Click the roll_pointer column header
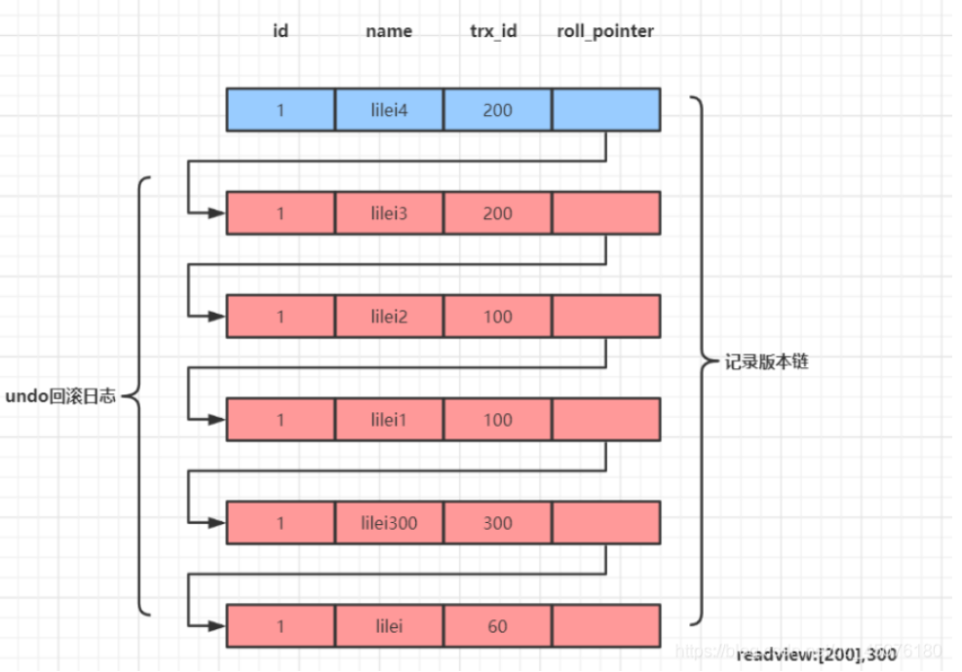coord(605,31)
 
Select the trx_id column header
coord(493,31)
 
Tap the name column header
coord(389,31)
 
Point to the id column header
coord(281,31)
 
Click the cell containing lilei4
coord(389,110)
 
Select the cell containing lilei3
coord(389,213)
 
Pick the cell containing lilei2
coord(389,317)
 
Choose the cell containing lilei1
coord(389,420)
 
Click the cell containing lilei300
coord(389,523)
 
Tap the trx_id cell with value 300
coord(497,523)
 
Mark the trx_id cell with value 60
coord(497,626)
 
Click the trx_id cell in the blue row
coord(497,110)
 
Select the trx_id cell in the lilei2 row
coord(497,317)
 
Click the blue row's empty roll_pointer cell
coord(605,110)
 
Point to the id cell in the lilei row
coord(281,626)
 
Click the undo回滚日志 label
coord(60,396)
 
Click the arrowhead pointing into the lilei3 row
coord(219,213)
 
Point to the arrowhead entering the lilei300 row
coord(219,523)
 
